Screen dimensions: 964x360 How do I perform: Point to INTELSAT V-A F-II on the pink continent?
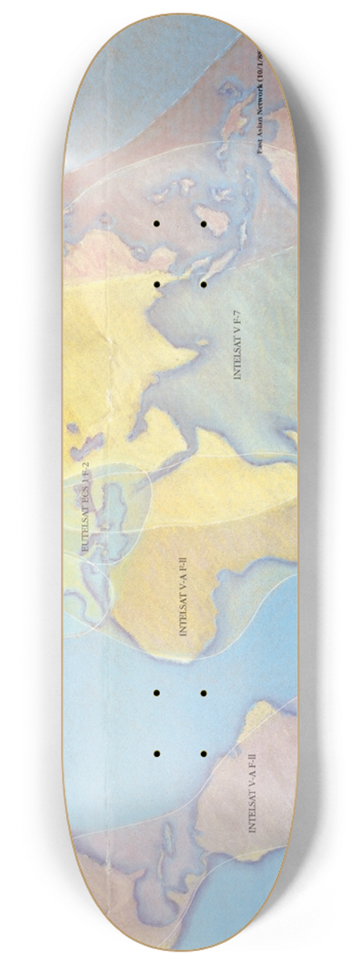[253, 791]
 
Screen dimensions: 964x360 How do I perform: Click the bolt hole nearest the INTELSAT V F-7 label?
[204, 284]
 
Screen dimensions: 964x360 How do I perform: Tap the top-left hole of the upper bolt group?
[157, 224]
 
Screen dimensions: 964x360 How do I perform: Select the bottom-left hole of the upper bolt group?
[157, 284]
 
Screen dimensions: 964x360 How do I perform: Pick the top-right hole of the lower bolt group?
[204, 692]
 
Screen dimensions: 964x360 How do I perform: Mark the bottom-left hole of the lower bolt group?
[157, 754]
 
